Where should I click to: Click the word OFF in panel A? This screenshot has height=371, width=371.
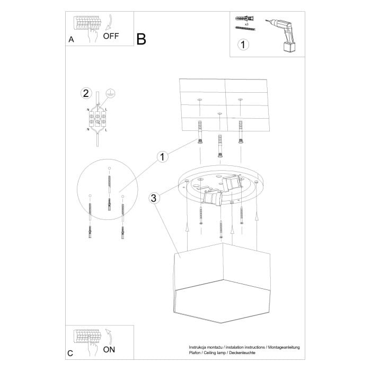(111, 36)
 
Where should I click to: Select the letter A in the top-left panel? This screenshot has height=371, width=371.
(71, 40)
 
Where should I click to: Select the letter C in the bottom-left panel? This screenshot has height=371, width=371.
(70, 352)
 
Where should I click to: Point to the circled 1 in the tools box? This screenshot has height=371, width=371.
(242, 45)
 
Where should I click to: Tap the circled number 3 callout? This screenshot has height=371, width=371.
(154, 198)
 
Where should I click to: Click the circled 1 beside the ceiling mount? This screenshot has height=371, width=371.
(162, 156)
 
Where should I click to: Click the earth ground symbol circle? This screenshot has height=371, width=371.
(110, 92)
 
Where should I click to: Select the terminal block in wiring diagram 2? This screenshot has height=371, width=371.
(98, 119)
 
